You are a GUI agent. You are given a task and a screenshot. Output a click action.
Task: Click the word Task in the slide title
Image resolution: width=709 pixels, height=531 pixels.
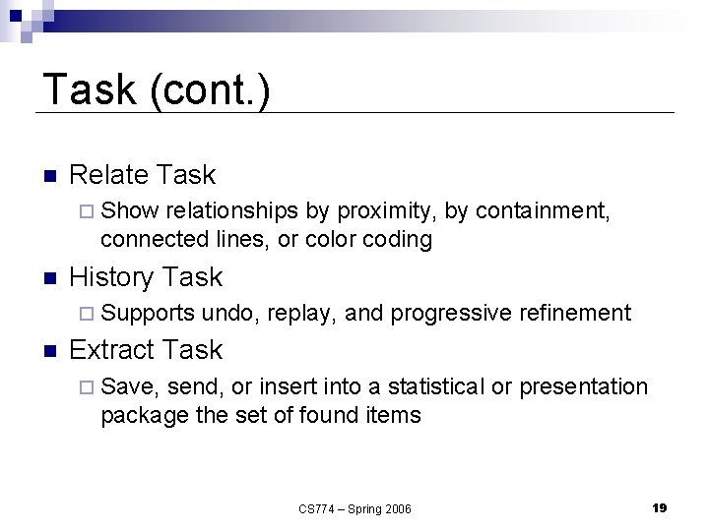click(x=89, y=89)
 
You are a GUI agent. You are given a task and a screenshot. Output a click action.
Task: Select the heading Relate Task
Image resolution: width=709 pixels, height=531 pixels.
click(x=142, y=175)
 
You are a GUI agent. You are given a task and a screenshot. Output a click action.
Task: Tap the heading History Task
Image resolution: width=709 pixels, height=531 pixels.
click(x=146, y=277)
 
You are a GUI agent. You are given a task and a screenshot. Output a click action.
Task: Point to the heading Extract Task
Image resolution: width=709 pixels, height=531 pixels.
click(x=146, y=350)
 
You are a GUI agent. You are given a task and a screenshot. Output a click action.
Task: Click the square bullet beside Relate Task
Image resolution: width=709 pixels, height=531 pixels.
click(x=50, y=177)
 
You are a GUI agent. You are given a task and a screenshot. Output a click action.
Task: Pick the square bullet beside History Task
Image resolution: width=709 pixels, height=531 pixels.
click(x=50, y=279)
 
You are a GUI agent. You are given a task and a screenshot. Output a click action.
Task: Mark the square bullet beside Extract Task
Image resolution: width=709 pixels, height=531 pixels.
click(x=50, y=352)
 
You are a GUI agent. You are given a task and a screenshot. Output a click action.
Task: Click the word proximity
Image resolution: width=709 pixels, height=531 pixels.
click(x=385, y=210)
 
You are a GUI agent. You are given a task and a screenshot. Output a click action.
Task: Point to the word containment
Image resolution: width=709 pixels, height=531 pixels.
click(x=551, y=210)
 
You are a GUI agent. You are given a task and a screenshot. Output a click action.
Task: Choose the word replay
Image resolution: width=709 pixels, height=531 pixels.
click(x=301, y=314)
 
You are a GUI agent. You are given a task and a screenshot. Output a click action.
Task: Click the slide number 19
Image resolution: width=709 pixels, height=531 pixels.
click(x=659, y=507)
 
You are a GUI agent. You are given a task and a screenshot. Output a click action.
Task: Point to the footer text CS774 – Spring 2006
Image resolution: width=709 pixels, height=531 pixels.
click(x=354, y=508)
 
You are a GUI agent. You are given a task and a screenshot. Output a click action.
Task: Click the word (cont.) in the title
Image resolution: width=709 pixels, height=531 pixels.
click(x=207, y=90)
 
